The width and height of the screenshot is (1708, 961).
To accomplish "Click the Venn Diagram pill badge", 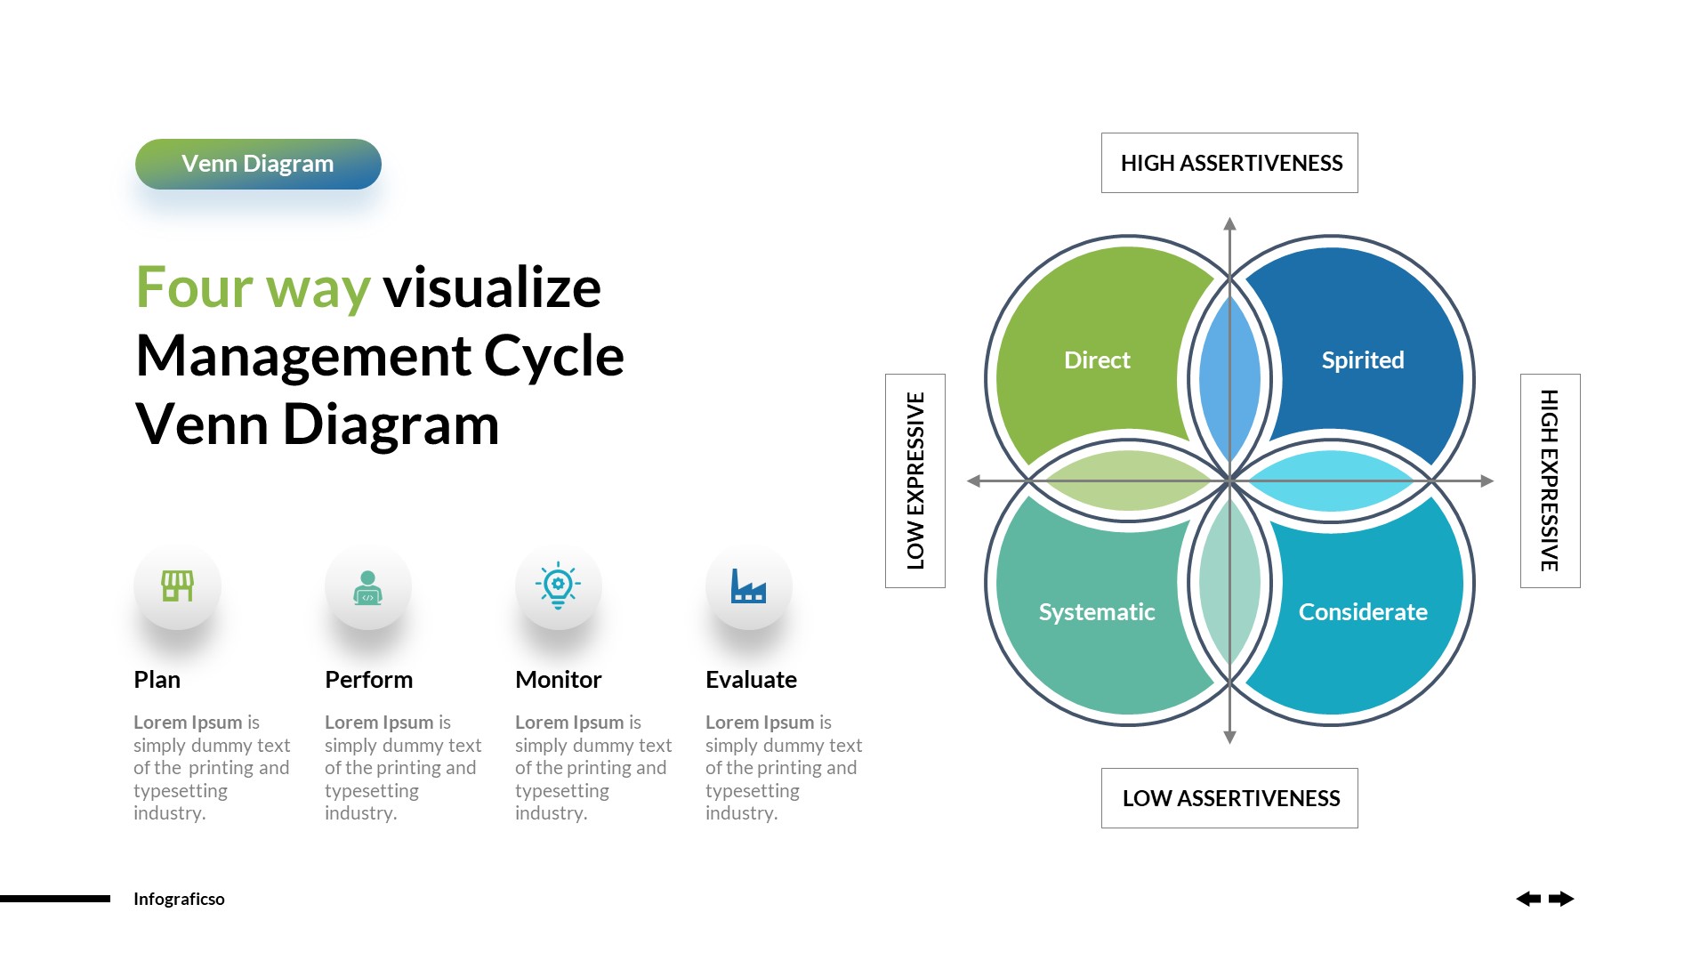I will coord(258,164).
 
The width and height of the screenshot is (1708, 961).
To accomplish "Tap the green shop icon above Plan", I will coord(177,586).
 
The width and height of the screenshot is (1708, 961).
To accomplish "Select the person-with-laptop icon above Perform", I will coord(367,587).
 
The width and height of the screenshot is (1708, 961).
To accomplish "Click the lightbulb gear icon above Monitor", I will coord(558,585).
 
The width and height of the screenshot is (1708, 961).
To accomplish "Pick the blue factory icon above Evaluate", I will coord(748,586).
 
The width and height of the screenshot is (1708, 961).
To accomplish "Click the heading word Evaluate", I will coord(751,680).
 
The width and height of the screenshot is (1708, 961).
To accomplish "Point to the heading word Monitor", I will coord(558,680).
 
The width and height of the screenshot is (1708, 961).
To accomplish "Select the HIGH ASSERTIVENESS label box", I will coord(1229,163).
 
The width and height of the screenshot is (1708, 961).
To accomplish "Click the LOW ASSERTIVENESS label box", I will coord(1229,798).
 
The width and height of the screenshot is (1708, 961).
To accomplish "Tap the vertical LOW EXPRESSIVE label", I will coord(915,480).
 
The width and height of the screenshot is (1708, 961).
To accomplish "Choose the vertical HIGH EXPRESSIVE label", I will coord(1550,480).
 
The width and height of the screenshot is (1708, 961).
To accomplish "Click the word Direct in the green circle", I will coord(1097,360).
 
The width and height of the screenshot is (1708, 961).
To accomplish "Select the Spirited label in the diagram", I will coord(1362,360).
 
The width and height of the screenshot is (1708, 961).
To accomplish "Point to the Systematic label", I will coord(1097,612).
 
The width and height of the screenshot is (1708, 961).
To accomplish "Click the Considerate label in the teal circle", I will coord(1362,612).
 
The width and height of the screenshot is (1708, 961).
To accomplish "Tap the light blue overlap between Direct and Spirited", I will coord(1229,378).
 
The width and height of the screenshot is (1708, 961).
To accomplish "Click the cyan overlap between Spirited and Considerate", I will coord(1332,480).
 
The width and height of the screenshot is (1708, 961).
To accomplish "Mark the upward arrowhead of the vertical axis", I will coord(1229,224).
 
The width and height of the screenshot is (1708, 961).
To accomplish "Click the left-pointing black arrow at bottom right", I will coord(1528,899).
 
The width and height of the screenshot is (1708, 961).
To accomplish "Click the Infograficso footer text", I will coord(179,899).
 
